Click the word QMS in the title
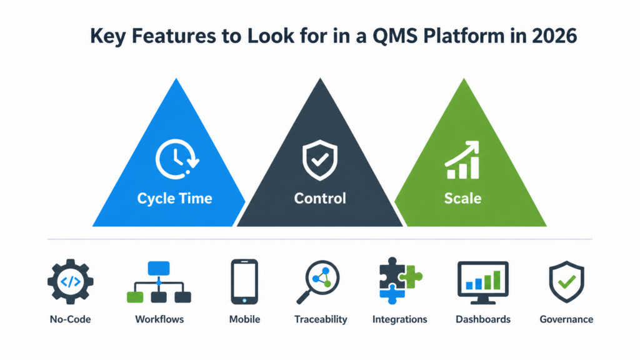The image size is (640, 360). [395, 36]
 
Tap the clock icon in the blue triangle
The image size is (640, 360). [177, 159]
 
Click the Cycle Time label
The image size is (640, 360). [175, 198]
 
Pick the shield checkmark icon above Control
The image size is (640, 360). [320, 160]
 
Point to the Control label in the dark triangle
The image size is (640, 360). [320, 198]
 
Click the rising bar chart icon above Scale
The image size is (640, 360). [462, 160]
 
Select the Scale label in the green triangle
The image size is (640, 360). [463, 198]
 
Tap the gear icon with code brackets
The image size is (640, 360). [70, 282]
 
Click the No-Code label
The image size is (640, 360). [70, 319]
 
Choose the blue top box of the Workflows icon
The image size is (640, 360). [159, 268]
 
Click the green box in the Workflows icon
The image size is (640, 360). [135, 297]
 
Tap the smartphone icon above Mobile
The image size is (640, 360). [244, 282]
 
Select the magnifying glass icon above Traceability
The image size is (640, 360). [318, 282]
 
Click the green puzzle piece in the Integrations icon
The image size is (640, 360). [411, 277]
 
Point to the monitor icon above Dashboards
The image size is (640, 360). [483, 282]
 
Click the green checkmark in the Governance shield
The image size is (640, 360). [567, 281]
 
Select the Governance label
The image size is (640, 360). [566, 319]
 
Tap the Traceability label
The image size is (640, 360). [321, 319]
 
